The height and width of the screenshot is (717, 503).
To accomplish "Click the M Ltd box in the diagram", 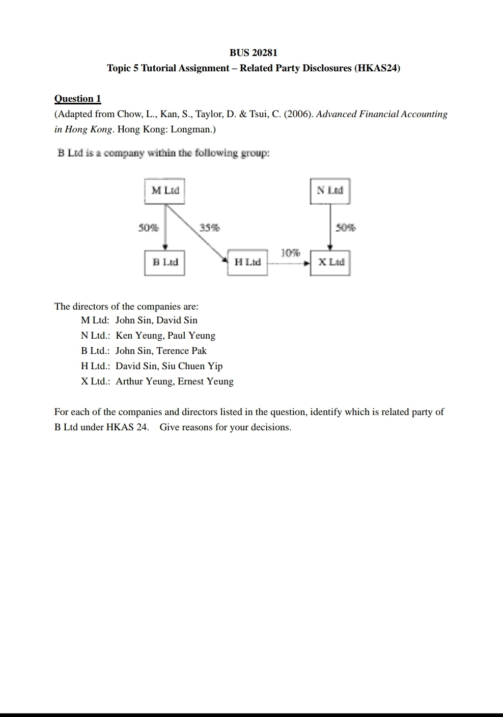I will [165, 190].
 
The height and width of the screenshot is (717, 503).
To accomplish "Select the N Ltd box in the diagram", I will [330, 190].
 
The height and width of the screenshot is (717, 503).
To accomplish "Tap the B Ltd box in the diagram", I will [164, 262].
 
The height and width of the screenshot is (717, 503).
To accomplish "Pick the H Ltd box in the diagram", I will [247, 262].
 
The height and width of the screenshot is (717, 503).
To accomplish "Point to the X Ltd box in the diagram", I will [330, 262].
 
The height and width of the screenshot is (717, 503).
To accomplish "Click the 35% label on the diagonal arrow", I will [209, 228].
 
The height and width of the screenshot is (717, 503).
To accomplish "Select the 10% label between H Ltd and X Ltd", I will [290, 253].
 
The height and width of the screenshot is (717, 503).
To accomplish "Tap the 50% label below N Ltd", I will [346, 228].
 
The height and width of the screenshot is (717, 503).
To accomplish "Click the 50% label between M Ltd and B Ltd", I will [148, 228].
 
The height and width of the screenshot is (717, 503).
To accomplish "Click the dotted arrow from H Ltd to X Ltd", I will [288, 263].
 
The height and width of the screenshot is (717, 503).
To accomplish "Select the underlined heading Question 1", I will [77, 98].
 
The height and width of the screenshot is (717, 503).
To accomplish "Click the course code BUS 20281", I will [253, 52].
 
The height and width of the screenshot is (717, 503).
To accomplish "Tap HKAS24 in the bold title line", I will [377, 68].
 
